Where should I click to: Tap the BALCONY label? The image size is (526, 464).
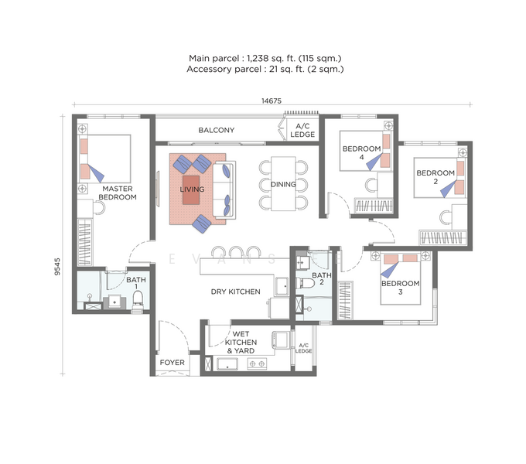coord(216,130)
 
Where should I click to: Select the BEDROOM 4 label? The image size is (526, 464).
coord(361,152)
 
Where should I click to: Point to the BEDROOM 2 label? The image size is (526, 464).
coord(435,177)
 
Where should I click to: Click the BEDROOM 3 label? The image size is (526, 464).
coord(399,288)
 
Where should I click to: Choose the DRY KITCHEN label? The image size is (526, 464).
coord(235,292)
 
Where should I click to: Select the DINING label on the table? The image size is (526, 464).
coord(283,184)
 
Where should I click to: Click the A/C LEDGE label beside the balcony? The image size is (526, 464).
coord(302,131)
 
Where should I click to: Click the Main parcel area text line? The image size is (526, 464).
coord(266,58)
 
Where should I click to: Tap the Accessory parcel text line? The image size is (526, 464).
coord(266,70)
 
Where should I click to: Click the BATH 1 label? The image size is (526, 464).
coord(136,283)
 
